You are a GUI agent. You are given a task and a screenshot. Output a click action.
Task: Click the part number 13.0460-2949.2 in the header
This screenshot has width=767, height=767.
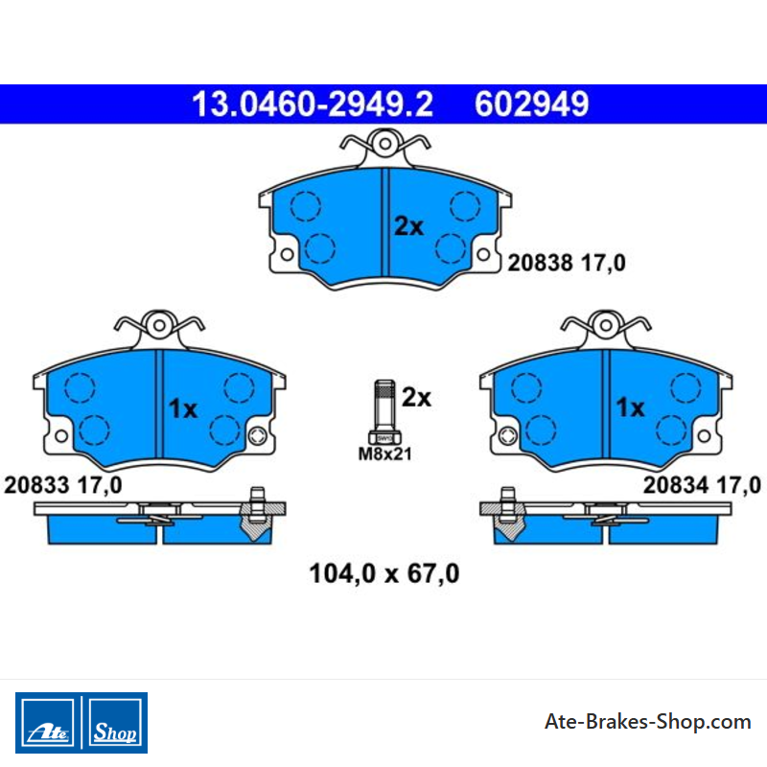(x=313, y=105)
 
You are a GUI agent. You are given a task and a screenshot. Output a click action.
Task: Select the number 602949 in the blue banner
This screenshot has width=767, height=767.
(x=532, y=105)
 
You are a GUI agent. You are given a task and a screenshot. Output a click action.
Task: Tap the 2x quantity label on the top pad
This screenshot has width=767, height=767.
(x=409, y=226)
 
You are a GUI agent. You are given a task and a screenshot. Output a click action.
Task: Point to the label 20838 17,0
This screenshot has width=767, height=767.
(x=567, y=263)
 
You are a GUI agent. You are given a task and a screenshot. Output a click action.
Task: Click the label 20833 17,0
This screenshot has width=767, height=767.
(x=62, y=485)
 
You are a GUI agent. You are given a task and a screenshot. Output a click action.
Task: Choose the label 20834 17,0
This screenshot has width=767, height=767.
(x=702, y=485)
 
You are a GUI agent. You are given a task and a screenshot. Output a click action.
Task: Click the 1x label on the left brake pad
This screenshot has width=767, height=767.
(x=183, y=408)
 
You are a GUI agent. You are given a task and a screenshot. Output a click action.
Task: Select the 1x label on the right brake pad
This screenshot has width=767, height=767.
(x=630, y=407)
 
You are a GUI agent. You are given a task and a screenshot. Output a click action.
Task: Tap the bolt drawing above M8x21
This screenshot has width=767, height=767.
(x=385, y=412)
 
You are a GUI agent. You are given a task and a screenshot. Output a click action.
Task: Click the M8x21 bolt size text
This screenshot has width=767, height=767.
(x=385, y=453)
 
